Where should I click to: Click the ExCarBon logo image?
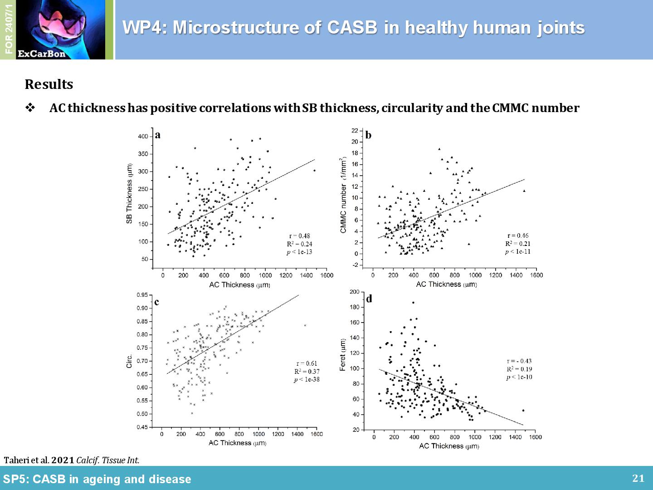tap(60, 29)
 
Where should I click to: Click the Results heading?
tap(49, 84)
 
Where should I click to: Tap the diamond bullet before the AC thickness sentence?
tap(30, 108)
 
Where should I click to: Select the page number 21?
tap(638, 478)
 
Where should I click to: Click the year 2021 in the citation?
tap(63, 460)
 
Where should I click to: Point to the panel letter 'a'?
tap(158, 135)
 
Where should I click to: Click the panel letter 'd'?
tap(369, 299)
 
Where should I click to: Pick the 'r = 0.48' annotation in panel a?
tap(300, 235)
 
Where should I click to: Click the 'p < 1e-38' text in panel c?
tap(307, 379)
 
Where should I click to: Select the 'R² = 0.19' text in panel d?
tap(519, 369)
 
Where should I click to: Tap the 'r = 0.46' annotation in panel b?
tap(518, 235)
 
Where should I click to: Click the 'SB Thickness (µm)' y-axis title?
tap(129, 194)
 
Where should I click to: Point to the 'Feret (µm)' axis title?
tap(343, 355)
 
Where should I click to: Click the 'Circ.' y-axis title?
tap(129, 361)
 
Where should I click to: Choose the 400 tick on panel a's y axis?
tap(143, 137)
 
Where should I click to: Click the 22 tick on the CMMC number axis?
tap(355, 131)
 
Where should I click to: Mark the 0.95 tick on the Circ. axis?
tap(142, 295)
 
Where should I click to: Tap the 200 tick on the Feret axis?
tap(354, 292)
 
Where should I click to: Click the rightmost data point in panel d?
tap(523, 410)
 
